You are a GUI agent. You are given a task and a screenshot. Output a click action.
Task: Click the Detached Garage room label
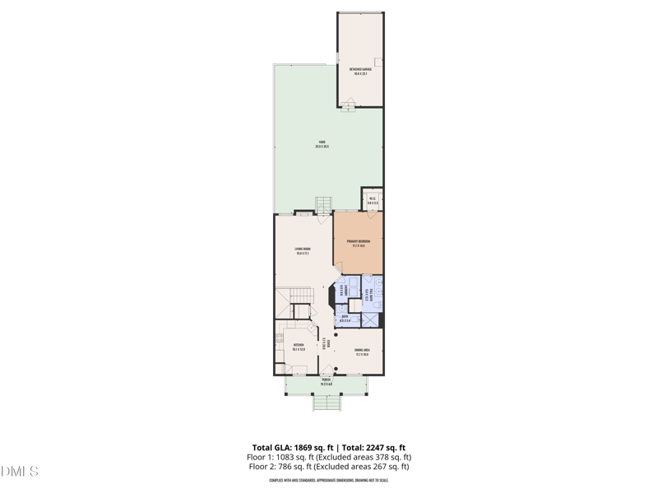(x=360, y=71)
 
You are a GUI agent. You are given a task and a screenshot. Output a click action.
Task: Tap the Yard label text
(x=322, y=144)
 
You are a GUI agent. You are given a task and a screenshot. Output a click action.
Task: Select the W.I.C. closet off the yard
(x=373, y=200)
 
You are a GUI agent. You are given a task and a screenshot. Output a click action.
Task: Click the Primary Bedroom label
(x=358, y=243)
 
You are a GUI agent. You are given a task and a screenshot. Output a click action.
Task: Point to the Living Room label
(x=303, y=250)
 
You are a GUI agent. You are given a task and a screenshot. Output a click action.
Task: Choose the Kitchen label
(x=299, y=347)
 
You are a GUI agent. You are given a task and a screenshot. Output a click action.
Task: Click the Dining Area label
(x=362, y=352)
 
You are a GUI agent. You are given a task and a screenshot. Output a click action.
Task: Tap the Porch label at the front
(x=326, y=382)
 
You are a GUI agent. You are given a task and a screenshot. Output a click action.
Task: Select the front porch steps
(x=327, y=403)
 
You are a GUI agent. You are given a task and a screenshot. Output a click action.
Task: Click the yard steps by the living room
(x=323, y=204)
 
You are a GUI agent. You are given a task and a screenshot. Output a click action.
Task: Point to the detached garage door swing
(x=349, y=103)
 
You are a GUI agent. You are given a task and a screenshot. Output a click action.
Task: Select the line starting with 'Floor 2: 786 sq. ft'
(x=328, y=467)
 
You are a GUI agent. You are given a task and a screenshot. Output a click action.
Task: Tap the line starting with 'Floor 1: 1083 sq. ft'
(x=328, y=457)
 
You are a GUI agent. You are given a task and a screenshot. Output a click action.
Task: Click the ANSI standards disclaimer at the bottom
(x=328, y=480)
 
